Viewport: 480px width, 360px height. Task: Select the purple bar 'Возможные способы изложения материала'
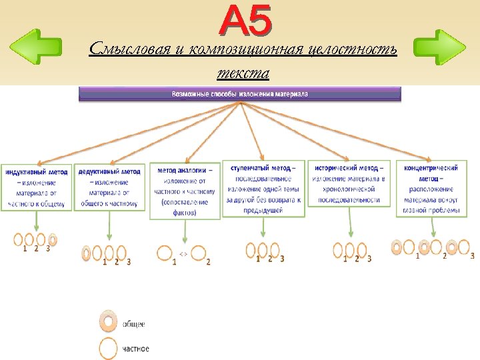[240, 94]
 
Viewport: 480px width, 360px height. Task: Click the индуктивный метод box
[36, 187]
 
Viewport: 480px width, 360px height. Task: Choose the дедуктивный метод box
[109, 187]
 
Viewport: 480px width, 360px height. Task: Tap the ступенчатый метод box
[263, 188]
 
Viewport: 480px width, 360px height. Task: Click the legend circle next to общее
[108, 321]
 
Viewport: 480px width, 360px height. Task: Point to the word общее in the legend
[133, 324]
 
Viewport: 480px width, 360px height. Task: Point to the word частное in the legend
[136, 349]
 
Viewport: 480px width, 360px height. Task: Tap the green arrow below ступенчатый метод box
[263, 228]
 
